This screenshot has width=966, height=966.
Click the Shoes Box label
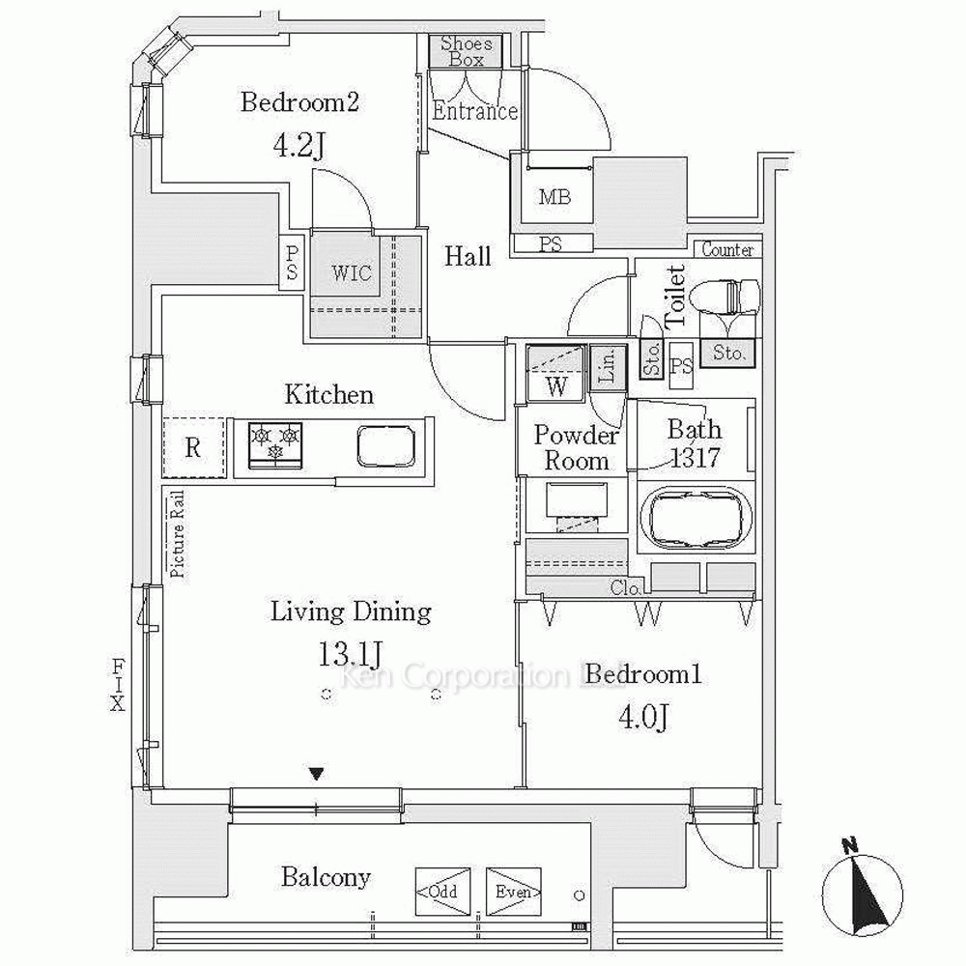467,51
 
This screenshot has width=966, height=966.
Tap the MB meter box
554,198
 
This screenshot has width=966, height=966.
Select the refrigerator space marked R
194,447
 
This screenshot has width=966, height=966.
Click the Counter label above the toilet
727,250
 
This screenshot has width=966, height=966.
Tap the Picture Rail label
178,534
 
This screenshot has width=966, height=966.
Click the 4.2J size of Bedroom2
298,146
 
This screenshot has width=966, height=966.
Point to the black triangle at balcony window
316,773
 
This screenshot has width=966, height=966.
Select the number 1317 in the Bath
695,457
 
